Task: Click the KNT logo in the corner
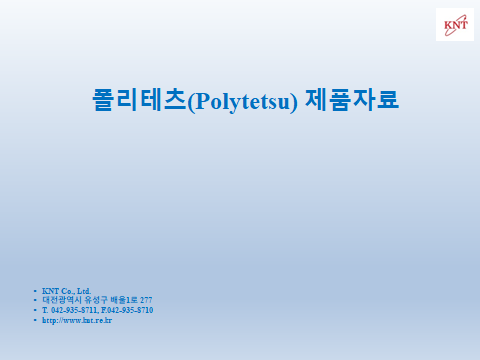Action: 455,24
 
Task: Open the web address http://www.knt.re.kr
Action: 76,321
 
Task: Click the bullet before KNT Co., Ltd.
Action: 35,290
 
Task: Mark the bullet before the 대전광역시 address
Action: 35,300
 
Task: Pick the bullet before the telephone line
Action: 35,310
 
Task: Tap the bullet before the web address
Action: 35,321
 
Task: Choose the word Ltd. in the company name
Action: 85,290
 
